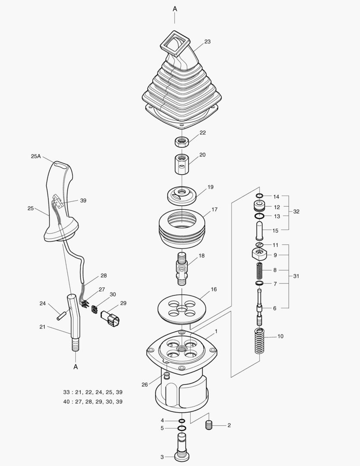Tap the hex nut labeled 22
pyautogui.click(x=182, y=141)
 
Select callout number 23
pyautogui.click(x=207, y=42)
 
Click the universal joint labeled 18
pyautogui.click(x=182, y=269)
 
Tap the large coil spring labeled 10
pyautogui.click(x=259, y=341)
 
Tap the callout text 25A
pyautogui.click(x=36, y=157)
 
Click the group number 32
pyautogui.click(x=296, y=212)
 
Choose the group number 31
pyautogui.click(x=296, y=276)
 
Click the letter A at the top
pyautogui.click(x=175, y=9)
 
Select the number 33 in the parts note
pyautogui.click(x=66, y=392)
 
